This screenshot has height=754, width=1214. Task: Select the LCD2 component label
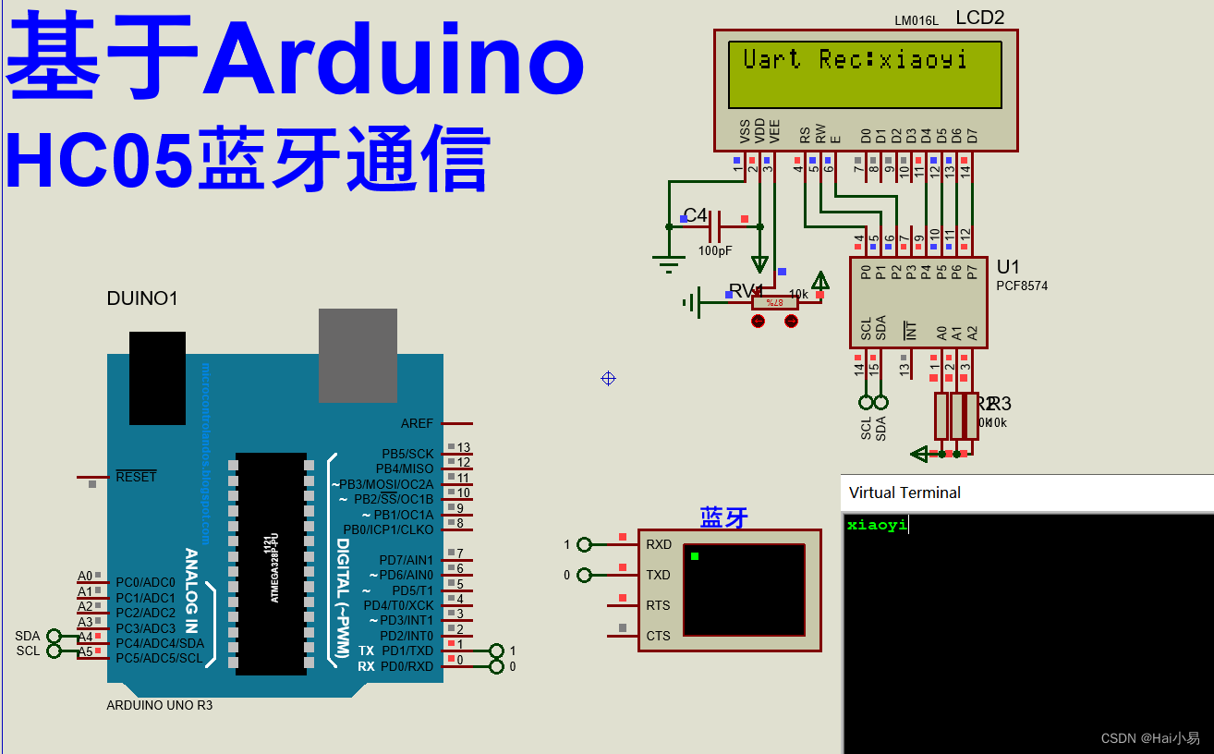point(979,17)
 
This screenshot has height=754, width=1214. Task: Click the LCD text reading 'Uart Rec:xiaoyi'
point(855,60)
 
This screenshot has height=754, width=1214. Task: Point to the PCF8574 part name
point(1022,286)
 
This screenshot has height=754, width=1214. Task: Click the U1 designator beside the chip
point(1008,268)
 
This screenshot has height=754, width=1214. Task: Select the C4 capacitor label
point(695,216)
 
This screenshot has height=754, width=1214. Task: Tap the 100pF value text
point(714,250)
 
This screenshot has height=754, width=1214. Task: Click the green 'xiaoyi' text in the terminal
point(877,525)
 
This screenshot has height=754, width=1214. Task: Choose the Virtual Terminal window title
point(904,493)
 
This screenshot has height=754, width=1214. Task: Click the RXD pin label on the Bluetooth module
point(659,544)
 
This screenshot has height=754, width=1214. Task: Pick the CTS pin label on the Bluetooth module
point(659,636)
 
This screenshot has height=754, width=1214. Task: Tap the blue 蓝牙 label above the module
point(723,517)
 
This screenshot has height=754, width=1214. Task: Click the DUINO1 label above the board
point(142,298)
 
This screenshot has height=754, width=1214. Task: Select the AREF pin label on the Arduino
point(417,423)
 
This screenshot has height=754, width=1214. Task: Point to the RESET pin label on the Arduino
point(136,477)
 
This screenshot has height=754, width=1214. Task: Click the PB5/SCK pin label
point(407,454)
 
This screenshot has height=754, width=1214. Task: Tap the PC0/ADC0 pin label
point(145,582)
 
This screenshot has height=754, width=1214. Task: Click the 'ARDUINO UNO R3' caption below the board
point(160,705)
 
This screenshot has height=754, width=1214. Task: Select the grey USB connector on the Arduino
point(358,355)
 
